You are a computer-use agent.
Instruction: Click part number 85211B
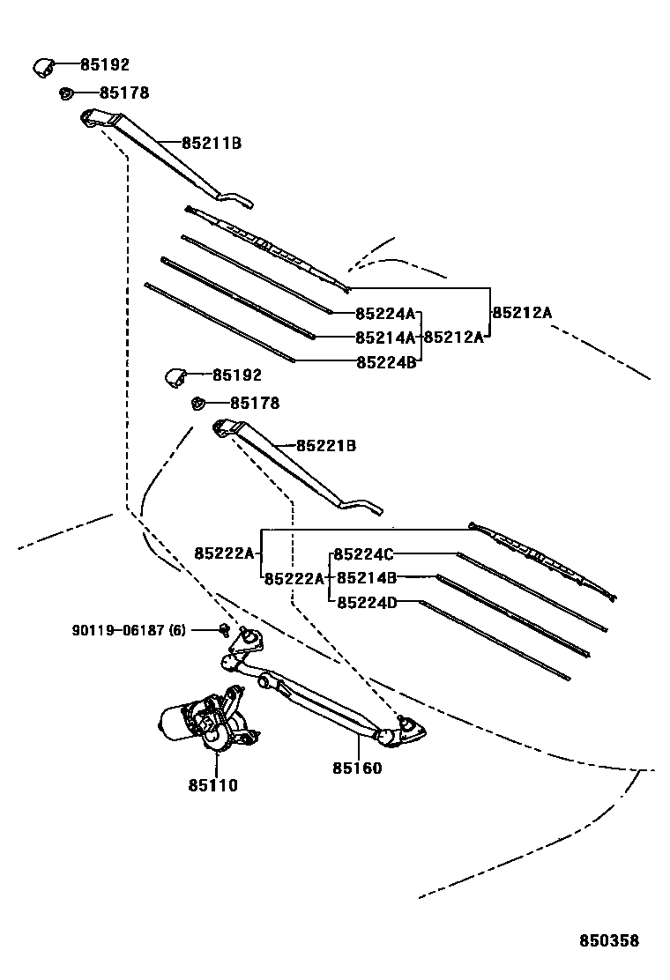click(212, 143)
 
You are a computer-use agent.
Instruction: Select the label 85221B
click(325, 447)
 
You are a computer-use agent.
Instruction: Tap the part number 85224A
click(384, 314)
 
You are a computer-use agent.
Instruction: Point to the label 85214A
click(384, 338)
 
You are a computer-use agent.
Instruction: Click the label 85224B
click(384, 361)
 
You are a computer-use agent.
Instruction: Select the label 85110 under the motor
click(212, 785)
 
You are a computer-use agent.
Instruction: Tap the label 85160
click(357, 768)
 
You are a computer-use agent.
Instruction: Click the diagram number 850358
click(608, 941)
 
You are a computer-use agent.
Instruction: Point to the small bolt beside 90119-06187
click(225, 629)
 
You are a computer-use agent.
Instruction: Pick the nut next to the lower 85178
click(197, 404)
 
